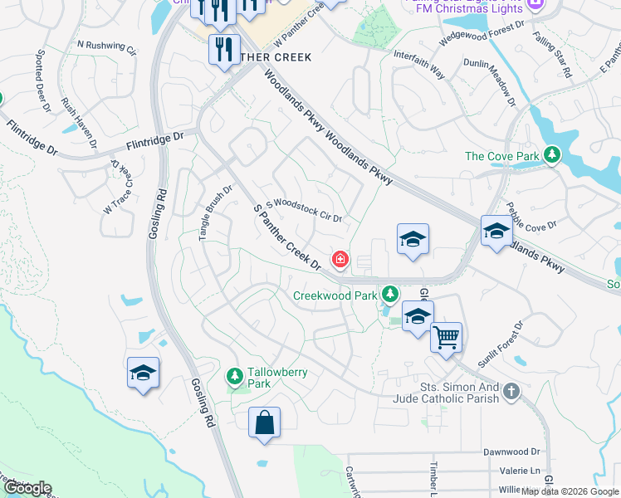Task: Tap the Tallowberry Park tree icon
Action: [235, 377]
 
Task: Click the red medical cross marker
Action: [340, 260]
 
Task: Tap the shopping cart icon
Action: [447, 338]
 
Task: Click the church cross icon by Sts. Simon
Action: [511, 389]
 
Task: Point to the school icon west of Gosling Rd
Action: [143, 373]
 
